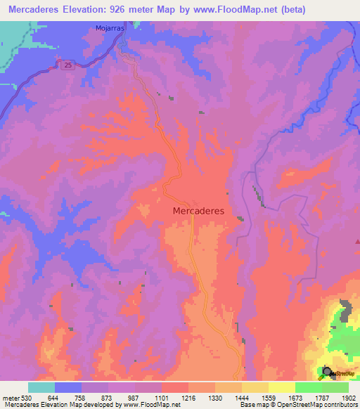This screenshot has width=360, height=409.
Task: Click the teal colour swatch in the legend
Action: pyautogui.click(x=41, y=387)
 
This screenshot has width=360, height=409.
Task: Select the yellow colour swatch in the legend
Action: pyautogui.click(x=281, y=387)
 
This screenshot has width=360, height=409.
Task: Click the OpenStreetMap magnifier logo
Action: pyautogui.click(x=327, y=372)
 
